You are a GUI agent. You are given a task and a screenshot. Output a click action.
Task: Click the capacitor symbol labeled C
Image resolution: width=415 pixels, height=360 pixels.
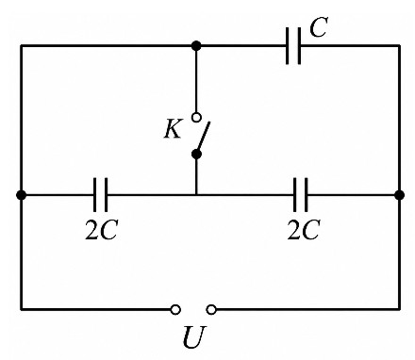293,46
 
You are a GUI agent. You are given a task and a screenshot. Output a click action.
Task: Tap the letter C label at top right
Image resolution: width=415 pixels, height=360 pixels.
319,27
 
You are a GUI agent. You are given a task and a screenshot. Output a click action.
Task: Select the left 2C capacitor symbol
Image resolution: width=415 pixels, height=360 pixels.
100,195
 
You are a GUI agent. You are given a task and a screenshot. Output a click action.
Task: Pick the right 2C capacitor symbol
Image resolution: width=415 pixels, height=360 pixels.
300,195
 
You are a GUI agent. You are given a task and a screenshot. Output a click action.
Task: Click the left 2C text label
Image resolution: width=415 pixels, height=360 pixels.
101,230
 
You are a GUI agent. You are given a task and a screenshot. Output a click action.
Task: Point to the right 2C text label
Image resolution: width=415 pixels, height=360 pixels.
304,230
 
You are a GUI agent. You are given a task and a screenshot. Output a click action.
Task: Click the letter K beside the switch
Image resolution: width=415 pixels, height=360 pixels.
173,129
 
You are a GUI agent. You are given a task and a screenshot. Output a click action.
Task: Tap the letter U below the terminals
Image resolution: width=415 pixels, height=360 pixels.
194,337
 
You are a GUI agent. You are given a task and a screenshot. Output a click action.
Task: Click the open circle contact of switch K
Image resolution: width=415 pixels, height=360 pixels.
196,118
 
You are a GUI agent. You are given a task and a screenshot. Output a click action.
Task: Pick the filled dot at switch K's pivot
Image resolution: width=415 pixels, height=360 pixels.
196,155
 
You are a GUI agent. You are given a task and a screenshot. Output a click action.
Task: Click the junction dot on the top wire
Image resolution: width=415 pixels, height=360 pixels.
196,46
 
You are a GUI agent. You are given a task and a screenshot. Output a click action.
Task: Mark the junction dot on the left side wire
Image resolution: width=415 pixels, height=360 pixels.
21,195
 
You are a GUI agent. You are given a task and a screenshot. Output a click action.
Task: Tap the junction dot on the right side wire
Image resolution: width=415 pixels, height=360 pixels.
399,195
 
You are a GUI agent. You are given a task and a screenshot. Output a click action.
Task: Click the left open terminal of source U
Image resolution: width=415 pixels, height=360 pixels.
175,309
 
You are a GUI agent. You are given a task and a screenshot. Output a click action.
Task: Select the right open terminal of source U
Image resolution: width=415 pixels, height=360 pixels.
211,309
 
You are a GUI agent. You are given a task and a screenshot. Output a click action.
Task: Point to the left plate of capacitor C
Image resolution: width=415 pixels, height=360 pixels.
288,46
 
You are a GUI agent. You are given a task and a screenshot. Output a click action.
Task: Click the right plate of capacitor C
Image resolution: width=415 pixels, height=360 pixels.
299,46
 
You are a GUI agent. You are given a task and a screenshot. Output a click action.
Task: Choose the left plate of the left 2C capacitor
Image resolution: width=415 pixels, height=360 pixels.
94,195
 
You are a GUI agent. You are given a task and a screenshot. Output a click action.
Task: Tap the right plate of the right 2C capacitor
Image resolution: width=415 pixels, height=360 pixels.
306,195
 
